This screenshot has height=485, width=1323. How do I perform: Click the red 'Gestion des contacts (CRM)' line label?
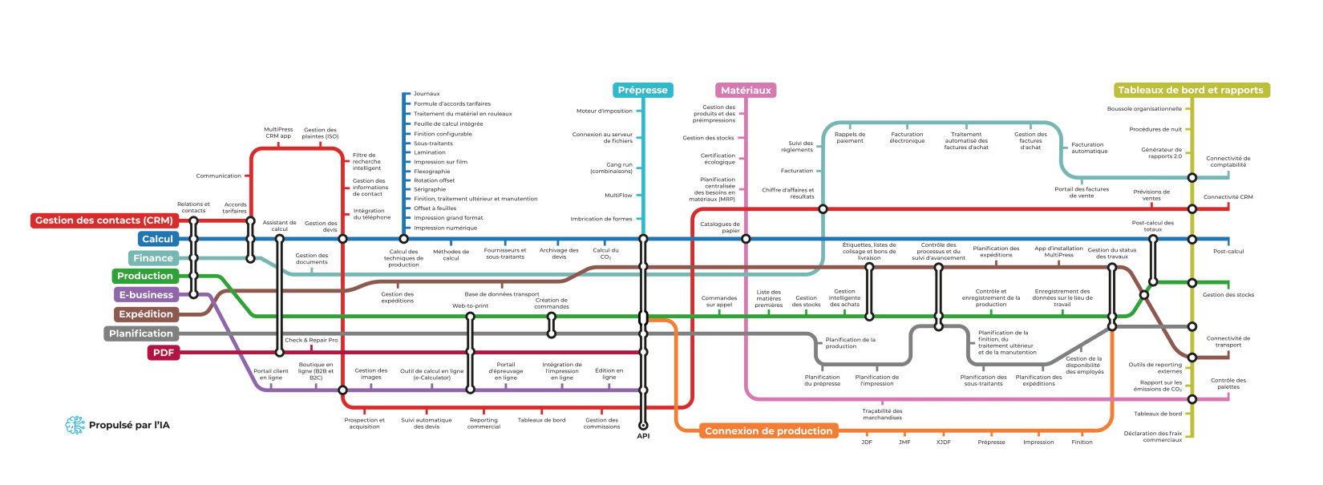click(x=103, y=220)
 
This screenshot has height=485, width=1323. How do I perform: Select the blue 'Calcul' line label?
click(x=157, y=239)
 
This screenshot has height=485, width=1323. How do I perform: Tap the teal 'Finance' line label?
click(x=153, y=258)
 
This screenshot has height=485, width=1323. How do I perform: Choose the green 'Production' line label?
click(x=144, y=276)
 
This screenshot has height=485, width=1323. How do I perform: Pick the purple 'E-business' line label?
click(x=146, y=295)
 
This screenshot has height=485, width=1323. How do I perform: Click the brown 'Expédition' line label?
click(x=146, y=314)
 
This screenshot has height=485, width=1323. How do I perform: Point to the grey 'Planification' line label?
click(x=141, y=333)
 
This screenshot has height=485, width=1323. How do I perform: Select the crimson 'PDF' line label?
click(x=164, y=353)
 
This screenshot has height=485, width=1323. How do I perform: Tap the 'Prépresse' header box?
click(x=643, y=91)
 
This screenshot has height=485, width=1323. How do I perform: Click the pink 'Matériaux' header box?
click(x=746, y=91)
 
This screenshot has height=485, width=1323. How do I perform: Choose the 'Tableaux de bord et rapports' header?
click(x=1191, y=91)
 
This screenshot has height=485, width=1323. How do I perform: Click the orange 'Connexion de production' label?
click(x=768, y=431)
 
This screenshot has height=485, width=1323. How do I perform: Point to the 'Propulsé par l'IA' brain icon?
click(x=75, y=425)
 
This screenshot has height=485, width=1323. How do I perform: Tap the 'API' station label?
click(x=643, y=436)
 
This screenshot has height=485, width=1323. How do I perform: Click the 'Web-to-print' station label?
click(x=470, y=305)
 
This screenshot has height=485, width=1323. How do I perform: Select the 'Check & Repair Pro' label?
click(x=311, y=340)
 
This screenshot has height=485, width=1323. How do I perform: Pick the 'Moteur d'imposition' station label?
click(x=605, y=111)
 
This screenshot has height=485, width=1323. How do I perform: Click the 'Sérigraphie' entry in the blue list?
click(x=430, y=189)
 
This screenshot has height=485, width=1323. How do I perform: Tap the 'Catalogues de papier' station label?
click(x=720, y=228)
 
